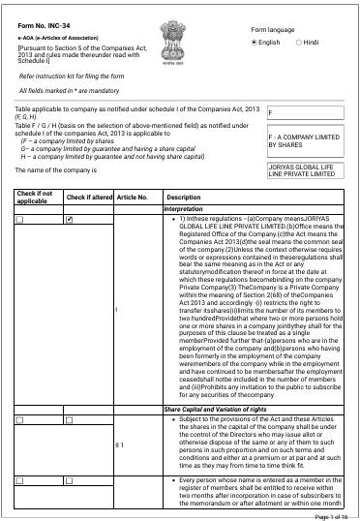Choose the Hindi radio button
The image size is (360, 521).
click(296, 44)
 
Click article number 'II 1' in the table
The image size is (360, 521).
click(121, 417)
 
